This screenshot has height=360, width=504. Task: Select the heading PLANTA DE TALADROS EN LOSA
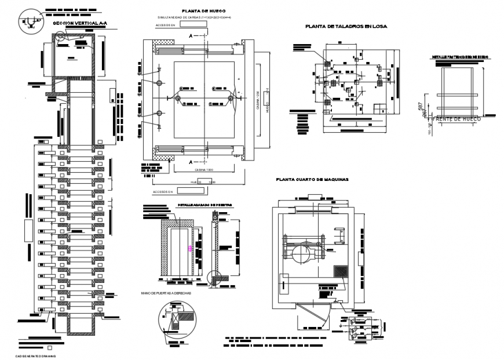[x=346, y=27]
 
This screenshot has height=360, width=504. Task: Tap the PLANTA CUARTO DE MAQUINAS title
[x=312, y=180]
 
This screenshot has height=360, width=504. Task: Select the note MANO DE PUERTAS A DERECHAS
[x=165, y=293]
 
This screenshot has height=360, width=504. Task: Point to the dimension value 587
[x=420, y=106]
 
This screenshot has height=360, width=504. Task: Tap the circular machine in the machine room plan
[x=301, y=253]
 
